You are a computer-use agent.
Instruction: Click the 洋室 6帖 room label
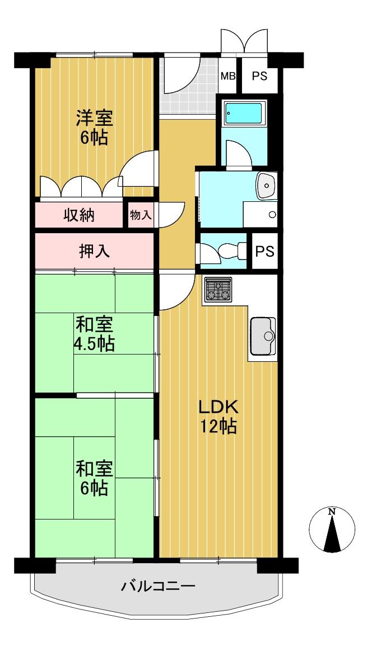[x=94, y=127]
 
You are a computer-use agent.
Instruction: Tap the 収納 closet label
[x=79, y=215]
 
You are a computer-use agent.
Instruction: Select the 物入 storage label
[x=141, y=215]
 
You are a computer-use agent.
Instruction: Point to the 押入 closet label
[x=95, y=251]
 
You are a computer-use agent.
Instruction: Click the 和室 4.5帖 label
[x=94, y=334]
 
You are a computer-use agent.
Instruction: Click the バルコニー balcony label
[x=159, y=586]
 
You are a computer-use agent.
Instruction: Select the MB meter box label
[x=228, y=77]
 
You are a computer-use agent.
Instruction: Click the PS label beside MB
[x=259, y=77]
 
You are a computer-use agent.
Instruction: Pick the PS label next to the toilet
[x=264, y=251]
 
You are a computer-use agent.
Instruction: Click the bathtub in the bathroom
[x=244, y=114]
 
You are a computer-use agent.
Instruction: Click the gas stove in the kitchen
[x=218, y=289]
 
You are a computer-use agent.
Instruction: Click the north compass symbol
[x=332, y=530]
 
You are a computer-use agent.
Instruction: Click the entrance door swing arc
[x=183, y=74]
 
